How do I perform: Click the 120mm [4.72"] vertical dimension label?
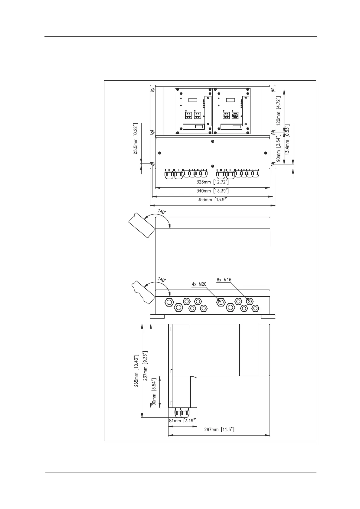279,110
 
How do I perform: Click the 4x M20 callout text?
199,284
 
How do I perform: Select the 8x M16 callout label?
224,280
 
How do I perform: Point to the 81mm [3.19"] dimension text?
182,420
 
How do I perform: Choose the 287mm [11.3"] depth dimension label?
218,430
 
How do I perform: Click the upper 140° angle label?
162,212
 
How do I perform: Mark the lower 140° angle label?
162,280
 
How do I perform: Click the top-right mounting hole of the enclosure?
273,90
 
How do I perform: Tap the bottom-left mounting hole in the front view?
152,164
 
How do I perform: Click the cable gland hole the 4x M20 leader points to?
221,302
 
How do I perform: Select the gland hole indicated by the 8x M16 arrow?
250,301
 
